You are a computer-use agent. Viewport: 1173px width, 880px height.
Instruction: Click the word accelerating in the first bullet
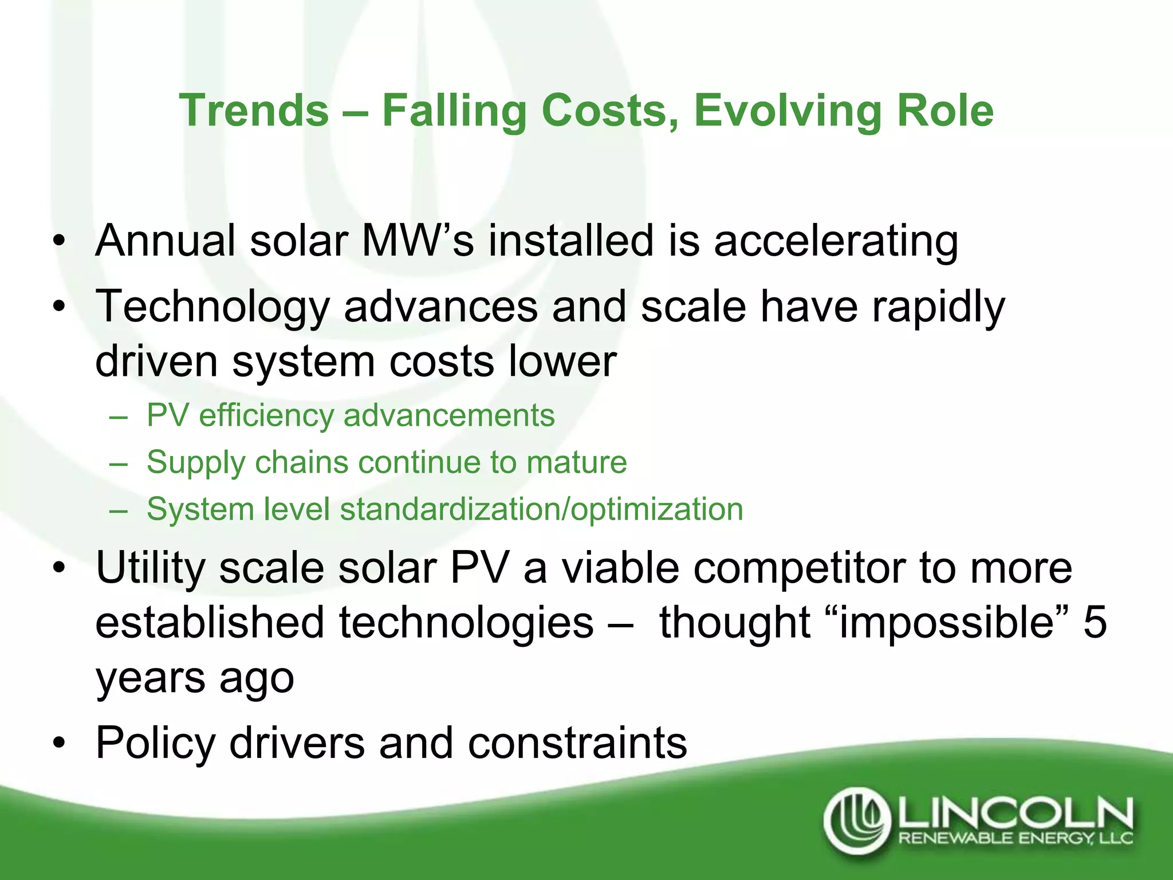(836, 241)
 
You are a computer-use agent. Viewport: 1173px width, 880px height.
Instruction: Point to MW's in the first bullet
(418, 241)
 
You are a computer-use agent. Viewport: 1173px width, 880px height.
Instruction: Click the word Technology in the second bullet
(212, 307)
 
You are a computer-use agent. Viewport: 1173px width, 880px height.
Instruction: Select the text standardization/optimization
(541, 509)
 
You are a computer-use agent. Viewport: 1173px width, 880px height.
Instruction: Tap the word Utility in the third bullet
(150, 568)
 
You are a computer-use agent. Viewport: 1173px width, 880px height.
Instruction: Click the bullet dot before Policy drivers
(59, 744)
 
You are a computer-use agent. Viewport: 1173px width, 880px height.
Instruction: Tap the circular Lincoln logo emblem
(857, 820)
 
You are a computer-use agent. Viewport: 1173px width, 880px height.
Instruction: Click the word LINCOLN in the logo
(1014, 813)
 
